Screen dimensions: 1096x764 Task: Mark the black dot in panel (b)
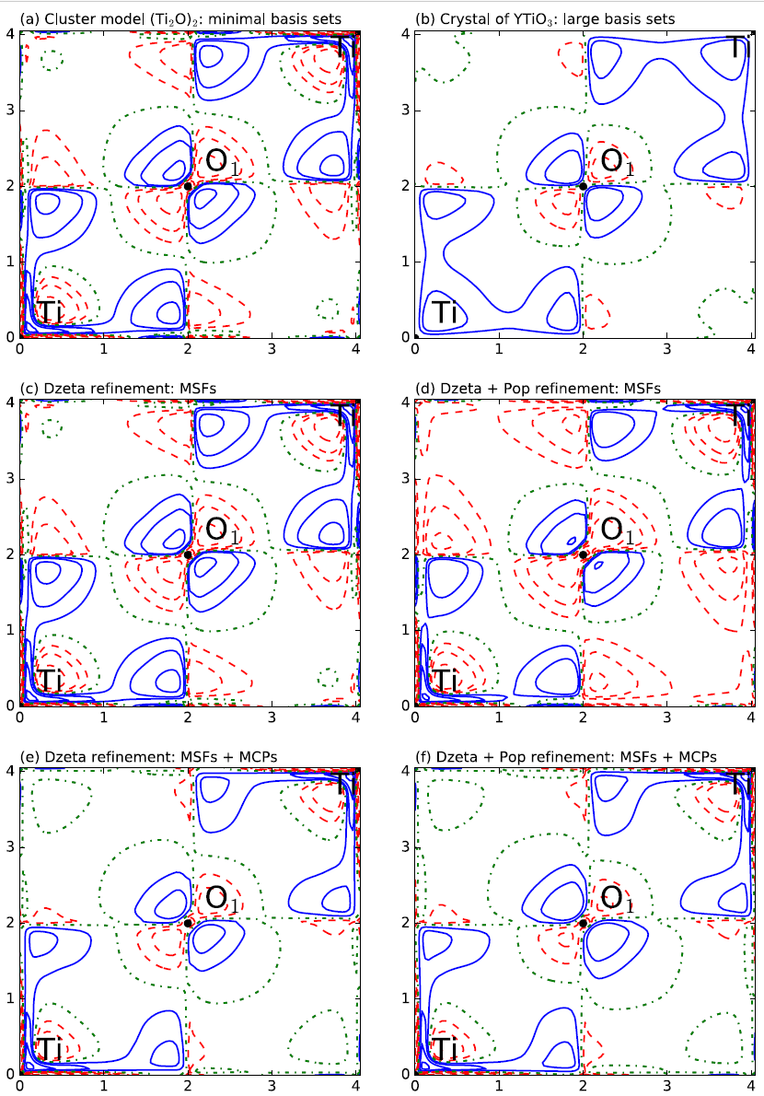583,186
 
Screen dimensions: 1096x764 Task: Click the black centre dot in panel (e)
188,923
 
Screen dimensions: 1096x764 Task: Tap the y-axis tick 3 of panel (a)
8,111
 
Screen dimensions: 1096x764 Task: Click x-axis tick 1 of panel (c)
104,717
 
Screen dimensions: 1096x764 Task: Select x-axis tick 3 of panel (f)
667,1086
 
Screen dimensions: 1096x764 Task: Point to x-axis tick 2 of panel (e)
188,1086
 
